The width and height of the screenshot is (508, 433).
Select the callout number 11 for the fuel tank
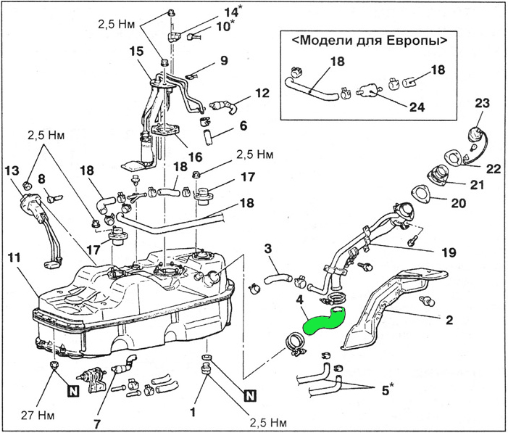14,257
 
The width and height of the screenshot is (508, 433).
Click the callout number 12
262,93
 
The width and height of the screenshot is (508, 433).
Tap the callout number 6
243,125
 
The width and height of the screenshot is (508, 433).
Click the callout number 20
459,204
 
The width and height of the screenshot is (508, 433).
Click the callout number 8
41,178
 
